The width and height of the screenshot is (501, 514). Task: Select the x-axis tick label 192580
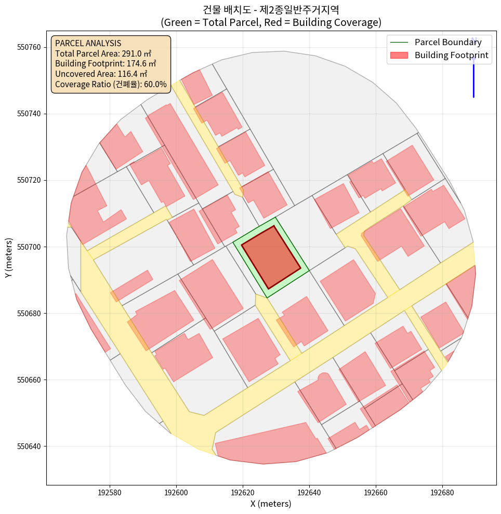pyautogui.click(x=110, y=492)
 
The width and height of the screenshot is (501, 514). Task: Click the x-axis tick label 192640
pyautogui.click(x=309, y=492)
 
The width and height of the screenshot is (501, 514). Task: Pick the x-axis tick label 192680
pyautogui.click(x=442, y=492)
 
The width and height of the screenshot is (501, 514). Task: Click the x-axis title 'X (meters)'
pyautogui.click(x=271, y=504)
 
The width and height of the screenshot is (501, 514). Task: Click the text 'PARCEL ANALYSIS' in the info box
pyautogui.click(x=88, y=43)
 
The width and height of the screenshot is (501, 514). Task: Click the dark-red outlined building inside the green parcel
pyautogui.click(x=271, y=257)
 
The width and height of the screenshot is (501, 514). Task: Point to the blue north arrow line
pyautogui.click(x=473, y=78)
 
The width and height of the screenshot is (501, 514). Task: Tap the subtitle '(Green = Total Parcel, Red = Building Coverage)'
pyautogui.click(x=271, y=22)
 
